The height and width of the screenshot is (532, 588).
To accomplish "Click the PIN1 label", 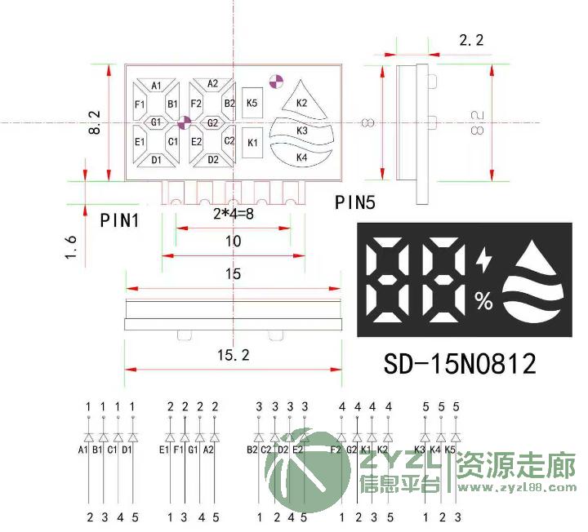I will click(119, 219).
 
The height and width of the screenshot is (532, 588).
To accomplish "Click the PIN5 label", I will click(355, 202).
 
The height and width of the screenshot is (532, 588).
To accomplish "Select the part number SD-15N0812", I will click(460, 363).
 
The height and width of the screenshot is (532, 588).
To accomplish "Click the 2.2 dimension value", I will click(472, 38).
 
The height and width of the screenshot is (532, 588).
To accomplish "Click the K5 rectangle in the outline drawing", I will click(252, 103).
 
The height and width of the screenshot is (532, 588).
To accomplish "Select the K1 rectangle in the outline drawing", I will click(252, 143).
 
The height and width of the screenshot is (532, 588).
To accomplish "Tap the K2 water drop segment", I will click(301, 102).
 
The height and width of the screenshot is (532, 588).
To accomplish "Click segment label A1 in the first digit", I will click(156, 86).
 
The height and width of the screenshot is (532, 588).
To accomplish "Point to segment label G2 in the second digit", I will click(212, 123).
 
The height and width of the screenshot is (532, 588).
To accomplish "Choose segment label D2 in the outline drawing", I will click(213, 159).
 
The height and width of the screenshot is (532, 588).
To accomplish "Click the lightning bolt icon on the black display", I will click(484, 261).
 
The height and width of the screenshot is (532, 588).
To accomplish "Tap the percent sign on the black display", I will click(484, 302).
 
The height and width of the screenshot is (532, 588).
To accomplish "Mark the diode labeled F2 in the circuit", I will click(341, 437).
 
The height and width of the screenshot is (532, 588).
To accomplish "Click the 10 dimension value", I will click(234, 242).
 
